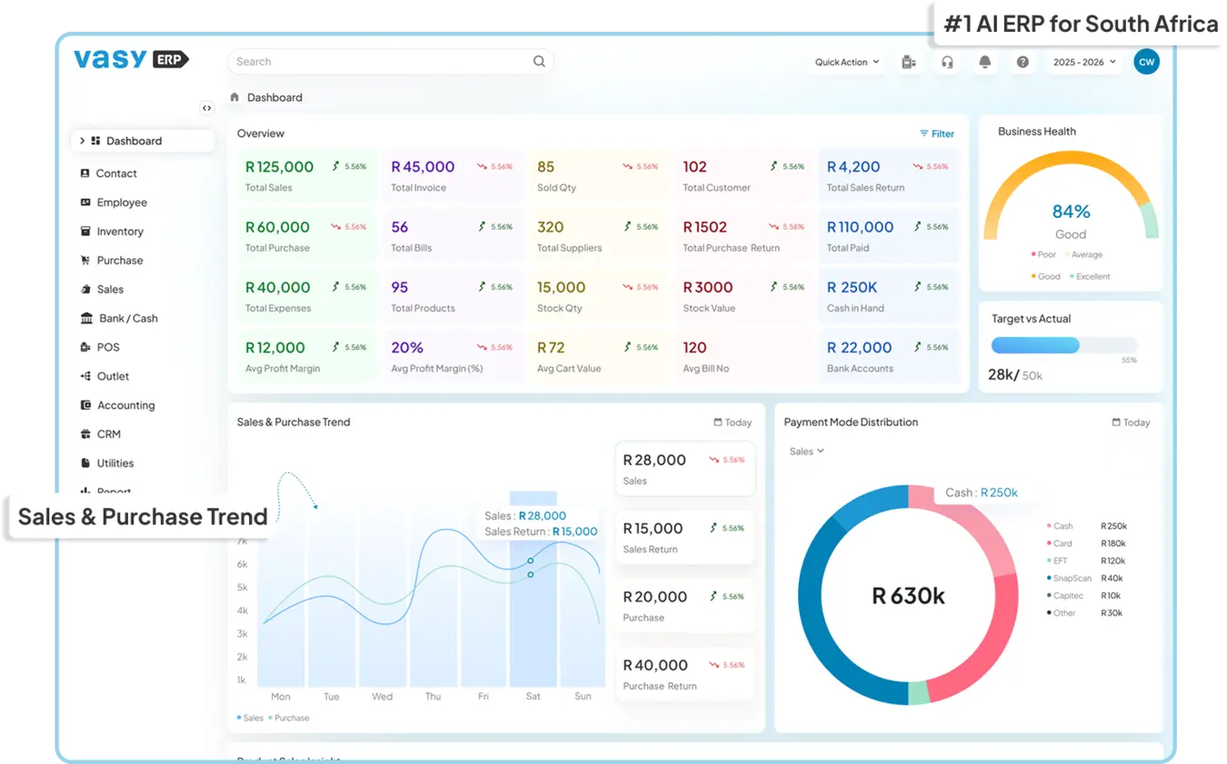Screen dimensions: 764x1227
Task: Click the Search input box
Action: coord(382,62)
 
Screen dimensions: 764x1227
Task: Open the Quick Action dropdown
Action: coord(847,62)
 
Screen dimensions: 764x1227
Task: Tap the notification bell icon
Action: coord(984,62)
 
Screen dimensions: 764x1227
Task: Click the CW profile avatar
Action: coord(1146,62)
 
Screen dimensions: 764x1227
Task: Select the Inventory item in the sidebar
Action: coord(120,232)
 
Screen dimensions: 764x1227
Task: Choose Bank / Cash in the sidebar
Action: coord(128,319)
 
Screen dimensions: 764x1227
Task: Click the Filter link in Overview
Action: coord(937,134)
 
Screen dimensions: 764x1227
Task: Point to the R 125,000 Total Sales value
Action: coord(279,167)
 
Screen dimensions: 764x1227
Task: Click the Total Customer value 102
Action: coord(694,167)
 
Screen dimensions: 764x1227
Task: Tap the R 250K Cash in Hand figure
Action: coord(852,287)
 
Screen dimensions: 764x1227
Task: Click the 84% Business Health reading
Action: coord(1071,212)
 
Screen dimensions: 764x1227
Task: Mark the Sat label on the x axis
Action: coord(533,697)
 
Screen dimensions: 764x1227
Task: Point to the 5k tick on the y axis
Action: coord(242,588)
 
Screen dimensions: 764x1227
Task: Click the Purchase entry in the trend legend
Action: coord(291,718)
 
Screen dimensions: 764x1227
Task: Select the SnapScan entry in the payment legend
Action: coord(1072,578)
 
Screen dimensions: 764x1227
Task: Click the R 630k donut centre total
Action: coord(908,596)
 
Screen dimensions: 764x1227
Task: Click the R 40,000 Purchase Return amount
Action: coord(655,665)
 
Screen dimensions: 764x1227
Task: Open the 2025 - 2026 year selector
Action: coord(1084,62)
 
